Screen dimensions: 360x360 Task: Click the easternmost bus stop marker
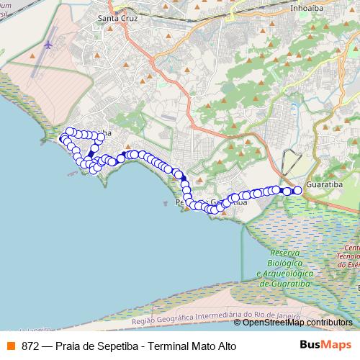pyautogui.click(x=297, y=191)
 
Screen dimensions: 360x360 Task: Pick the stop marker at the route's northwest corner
pyautogui.click(x=71, y=132)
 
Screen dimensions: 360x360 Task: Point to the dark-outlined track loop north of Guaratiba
pyautogui.click(x=291, y=161)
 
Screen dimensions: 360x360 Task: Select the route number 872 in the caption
pyautogui.click(x=30, y=345)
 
